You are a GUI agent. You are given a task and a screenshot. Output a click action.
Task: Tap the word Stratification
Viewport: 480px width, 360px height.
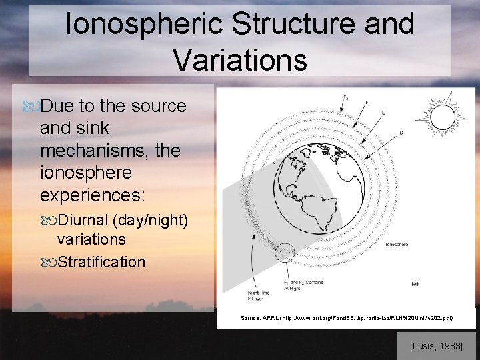[x=101, y=262]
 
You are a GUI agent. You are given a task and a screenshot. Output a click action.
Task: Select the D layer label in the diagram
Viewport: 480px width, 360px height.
[x=400, y=133]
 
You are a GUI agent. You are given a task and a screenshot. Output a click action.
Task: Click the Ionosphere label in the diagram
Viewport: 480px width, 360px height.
[x=398, y=245]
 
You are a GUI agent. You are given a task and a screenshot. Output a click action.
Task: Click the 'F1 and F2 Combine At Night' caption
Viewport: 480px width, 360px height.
[x=303, y=285]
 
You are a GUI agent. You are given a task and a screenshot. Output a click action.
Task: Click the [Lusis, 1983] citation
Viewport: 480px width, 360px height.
[x=436, y=345]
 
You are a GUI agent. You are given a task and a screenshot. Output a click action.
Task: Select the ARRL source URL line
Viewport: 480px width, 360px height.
[x=347, y=318]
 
